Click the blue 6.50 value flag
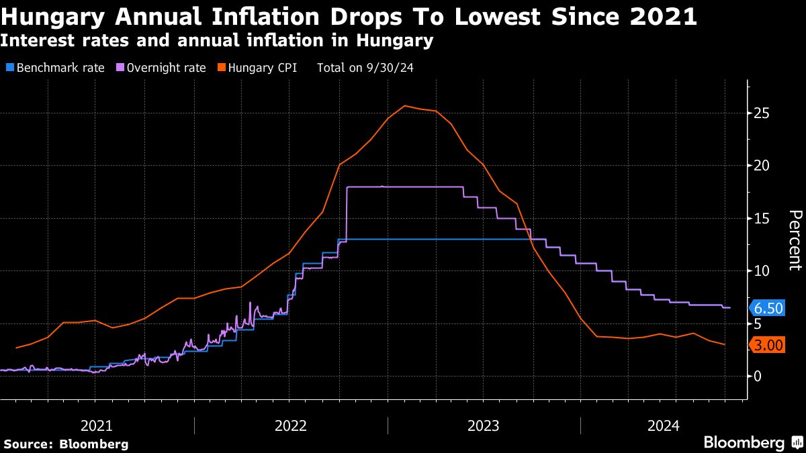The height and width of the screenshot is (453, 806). (x=768, y=309)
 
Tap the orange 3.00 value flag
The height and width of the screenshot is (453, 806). (x=768, y=346)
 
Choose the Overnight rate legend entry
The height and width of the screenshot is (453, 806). (x=161, y=68)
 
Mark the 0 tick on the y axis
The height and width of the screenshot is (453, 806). (x=758, y=376)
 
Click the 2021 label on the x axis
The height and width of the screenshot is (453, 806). (x=97, y=425)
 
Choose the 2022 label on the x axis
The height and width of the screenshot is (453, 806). (x=291, y=425)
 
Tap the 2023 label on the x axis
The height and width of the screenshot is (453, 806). (x=484, y=425)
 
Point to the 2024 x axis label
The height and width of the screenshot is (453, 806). (x=664, y=425)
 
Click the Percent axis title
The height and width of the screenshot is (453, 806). (x=795, y=240)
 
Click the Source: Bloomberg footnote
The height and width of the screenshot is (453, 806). (x=66, y=444)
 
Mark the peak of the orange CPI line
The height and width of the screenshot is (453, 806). (x=404, y=105)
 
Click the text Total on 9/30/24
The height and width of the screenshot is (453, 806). (x=365, y=68)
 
